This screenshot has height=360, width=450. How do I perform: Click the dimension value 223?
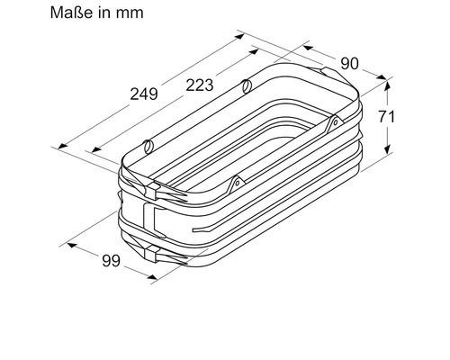(199, 85)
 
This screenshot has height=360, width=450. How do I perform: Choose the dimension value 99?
(110, 262)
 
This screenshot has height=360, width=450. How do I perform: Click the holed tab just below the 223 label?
(245, 87)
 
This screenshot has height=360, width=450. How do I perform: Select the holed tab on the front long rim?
(237, 183)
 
